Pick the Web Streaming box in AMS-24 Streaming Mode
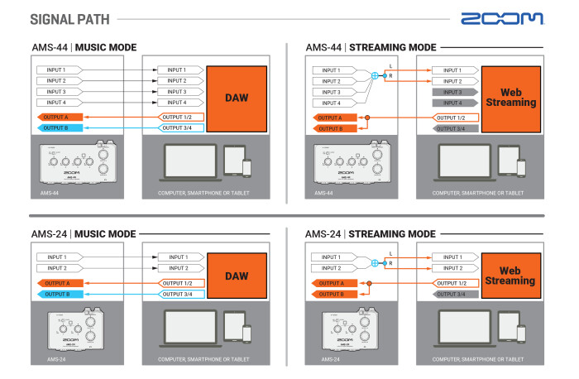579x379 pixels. click(511, 276)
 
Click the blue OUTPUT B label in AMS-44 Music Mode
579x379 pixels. click(59, 128)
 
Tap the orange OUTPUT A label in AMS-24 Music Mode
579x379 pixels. click(59, 283)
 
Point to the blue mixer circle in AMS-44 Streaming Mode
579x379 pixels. click(375, 75)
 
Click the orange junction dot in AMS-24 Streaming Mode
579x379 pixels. click(370, 283)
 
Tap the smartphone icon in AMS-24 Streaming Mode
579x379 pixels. click(522, 333)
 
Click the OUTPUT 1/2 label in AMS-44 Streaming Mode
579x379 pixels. click(457, 118)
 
